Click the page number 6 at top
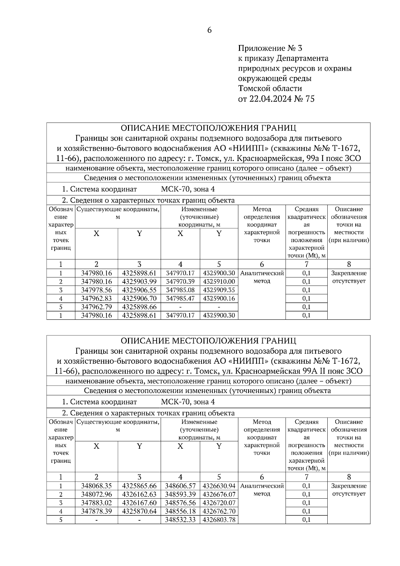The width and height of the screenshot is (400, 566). [x=209, y=30]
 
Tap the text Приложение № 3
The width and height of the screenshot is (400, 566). [x=270, y=48]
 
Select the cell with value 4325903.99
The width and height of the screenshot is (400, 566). [x=139, y=282]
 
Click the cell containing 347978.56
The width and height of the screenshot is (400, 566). [x=96, y=290]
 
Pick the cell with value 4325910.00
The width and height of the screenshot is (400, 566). [x=219, y=282]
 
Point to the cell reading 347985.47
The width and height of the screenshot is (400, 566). [x=180, y=298]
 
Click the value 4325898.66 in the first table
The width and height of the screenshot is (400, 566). [x=139, y=307]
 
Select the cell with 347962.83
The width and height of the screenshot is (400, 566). [x=96, y=298]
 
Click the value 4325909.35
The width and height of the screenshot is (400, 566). [x=219, y=290]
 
